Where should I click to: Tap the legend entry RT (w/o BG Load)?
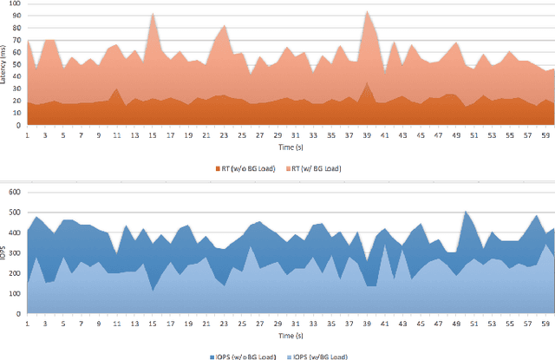tap(240, 167)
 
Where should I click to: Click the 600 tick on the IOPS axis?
tap(15, 190)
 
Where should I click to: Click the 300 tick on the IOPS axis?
tap(15, 252)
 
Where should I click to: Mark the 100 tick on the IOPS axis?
tap(15, 292)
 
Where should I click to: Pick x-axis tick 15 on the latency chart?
tap(152, 135)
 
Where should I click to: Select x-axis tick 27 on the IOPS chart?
tap(259, 323)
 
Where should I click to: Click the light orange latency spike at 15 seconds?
tap(153, 15)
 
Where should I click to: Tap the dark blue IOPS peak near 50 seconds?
tap(466, 212)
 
